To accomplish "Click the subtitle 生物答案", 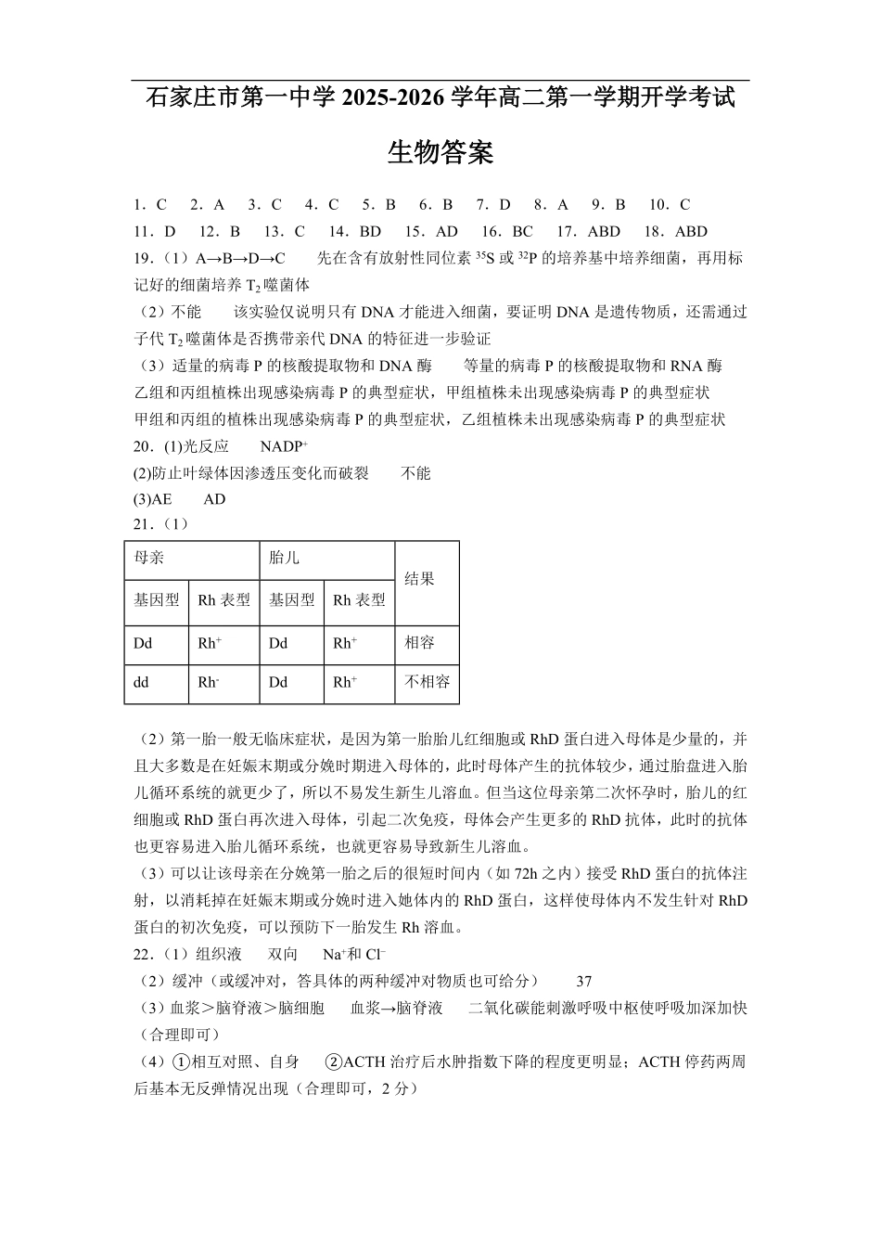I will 440,152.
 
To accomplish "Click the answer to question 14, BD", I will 369,232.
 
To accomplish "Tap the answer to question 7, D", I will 505,205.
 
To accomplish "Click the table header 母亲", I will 149,558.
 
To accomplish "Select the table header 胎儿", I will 284,558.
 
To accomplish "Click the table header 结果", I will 420,579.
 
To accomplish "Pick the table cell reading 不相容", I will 428,682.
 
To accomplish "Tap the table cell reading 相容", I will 420,643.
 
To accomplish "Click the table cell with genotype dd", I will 141,682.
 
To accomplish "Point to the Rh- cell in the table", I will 209,682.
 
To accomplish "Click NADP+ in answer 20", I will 284,446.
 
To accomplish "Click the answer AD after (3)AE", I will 214,499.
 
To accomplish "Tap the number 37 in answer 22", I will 583,981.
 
